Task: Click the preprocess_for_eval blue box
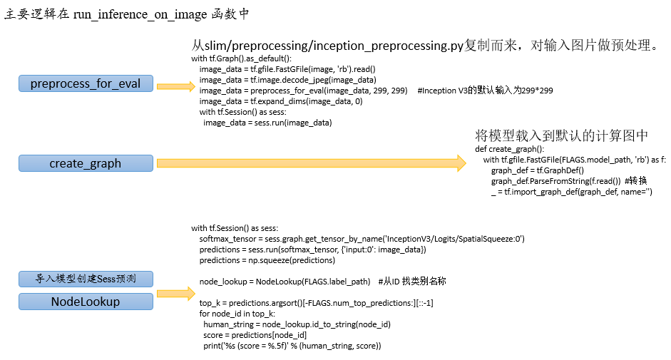[x=86, y=83]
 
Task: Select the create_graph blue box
[x=86, y=163]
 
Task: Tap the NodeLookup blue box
[x=86, y=302]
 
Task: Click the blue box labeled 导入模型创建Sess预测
[x=86, y=279]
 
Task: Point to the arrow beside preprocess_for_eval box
[x=176, y=86]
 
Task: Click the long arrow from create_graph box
[x=312, y=163]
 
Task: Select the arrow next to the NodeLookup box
[x=176, y=294]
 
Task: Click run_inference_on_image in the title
[x=140, y=14]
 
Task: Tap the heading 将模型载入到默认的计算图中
[x=561, y=135]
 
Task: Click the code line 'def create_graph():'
[x=510, y=149]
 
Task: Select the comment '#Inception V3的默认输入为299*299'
[x=486, y=91]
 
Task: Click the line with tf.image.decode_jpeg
[x=287, y=80]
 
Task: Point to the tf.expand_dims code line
[x=281, y=101]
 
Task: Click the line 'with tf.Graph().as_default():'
[x=241, y=58]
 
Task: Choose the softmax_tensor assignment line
[x=362, y=239]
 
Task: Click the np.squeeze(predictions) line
[x=267, y=260]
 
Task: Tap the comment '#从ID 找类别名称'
[x=412, y=282]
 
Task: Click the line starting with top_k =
[x=316, y=303]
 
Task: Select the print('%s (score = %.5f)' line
[x=292, y=346]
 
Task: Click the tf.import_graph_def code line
[x=572, y=192]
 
